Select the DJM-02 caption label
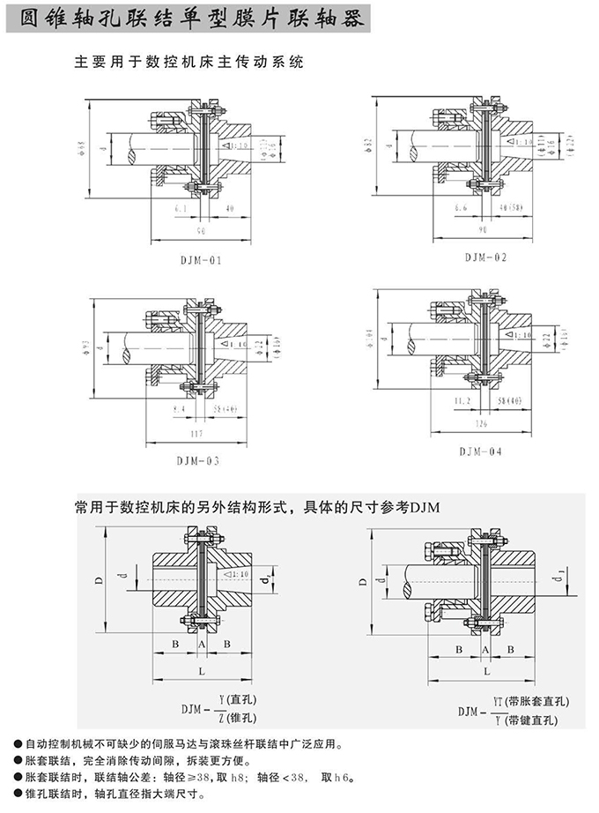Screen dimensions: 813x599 coord(484,257)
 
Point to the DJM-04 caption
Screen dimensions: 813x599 coord(480,451)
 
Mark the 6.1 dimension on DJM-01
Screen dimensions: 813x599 coord(180,209)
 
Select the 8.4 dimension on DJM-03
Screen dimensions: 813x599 coord(179,410)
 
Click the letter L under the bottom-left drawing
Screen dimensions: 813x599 coord(202,673)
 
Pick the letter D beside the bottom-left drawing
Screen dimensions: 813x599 coord(99,578)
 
